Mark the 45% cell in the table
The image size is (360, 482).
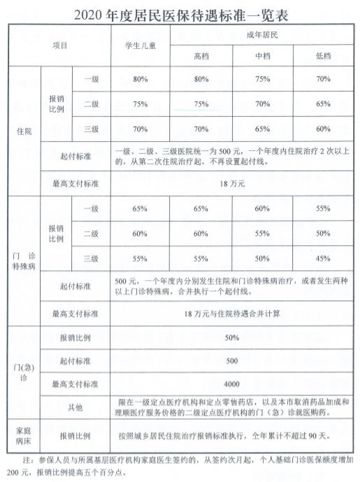(x=322, y=258)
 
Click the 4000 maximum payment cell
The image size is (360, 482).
(x=230, y=384)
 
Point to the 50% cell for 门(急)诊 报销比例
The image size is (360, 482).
(x=230, y=337)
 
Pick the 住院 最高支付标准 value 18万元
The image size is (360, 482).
(x=230, y=184)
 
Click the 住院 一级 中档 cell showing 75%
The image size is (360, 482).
(x=262, y=80)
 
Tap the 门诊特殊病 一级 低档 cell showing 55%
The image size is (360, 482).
(x=322, y=209)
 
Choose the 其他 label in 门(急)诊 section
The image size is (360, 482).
(x=75, y=407)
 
